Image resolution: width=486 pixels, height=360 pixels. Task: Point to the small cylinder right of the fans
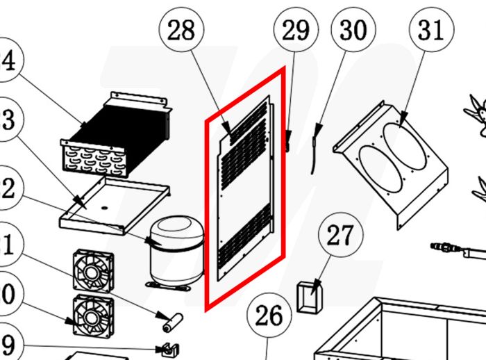click(170, 322)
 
